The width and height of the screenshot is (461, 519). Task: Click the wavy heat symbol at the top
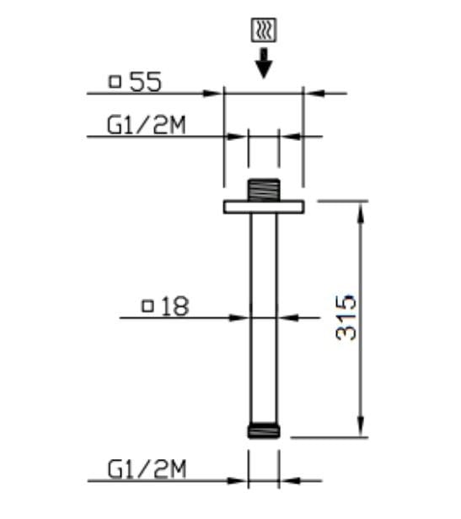tap(263, 32)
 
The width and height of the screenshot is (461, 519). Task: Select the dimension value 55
tap(145, 82)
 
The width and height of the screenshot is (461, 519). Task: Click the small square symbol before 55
tap(115, 82)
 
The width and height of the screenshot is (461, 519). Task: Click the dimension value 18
tap(174, 306)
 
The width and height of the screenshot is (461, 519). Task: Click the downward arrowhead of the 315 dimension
tap(360, 430)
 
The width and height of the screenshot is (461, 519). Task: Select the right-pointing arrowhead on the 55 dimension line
tap(215, 93)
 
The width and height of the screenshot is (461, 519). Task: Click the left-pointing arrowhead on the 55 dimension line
tap(311, 93)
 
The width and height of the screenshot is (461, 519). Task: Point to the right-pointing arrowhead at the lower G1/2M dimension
tap(241, 481)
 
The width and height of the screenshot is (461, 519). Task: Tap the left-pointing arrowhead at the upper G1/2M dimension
tap(287, 135)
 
